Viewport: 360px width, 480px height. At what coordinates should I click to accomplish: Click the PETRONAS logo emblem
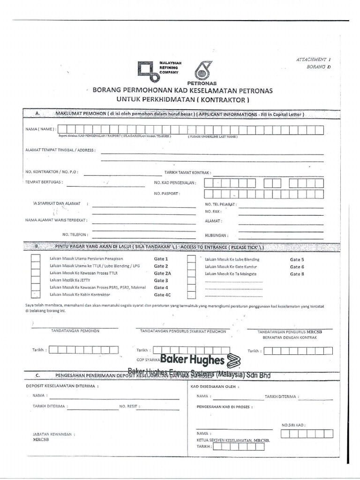point(203,70)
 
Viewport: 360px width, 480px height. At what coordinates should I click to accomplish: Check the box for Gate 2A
point(36,273)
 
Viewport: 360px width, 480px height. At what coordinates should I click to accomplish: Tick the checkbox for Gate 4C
point(36,294)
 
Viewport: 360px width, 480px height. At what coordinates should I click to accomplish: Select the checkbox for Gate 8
point(191,273)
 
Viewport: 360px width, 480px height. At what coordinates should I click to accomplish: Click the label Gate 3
point(160,280)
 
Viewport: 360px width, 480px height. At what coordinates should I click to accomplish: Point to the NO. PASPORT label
point(167,193)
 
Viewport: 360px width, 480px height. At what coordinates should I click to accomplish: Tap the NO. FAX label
point(213,211)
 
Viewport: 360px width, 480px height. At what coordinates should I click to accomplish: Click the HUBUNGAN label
point(217,235)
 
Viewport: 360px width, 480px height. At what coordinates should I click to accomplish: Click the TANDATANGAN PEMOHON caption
point(75,331)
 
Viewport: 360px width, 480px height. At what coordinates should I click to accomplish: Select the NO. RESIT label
point(130,406)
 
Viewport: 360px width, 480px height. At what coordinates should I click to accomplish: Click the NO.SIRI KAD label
point(293,425)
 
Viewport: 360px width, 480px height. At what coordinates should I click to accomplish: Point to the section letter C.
point(37,375)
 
